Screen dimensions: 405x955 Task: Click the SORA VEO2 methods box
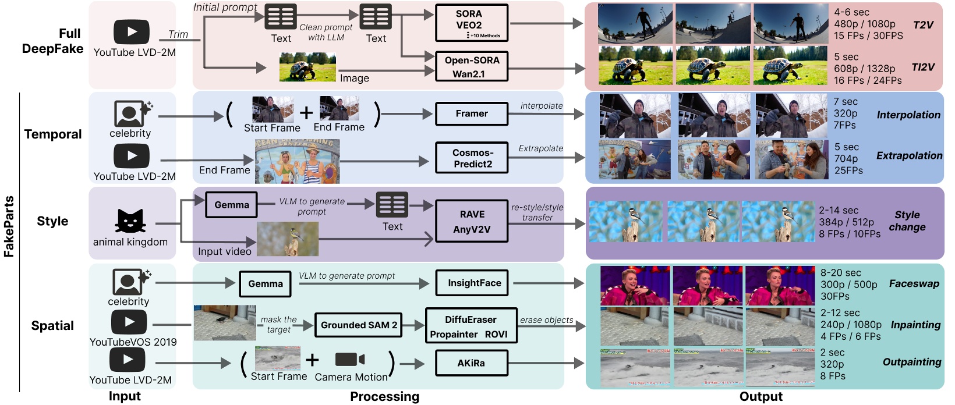click(472, 23)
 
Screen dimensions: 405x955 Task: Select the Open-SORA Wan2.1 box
click(472, 67)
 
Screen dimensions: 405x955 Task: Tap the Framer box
click(472, 113)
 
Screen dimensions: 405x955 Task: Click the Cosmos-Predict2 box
click(472, 158)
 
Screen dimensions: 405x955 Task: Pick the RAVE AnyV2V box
click(472, 221)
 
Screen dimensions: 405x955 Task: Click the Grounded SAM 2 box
click(359, 325)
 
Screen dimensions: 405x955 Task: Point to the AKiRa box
click(472, 363)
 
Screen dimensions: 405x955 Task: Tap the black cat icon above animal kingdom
click(130, 221)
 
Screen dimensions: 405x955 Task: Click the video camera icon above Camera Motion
click(350, 360)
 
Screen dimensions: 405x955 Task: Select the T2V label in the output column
click(923, 25)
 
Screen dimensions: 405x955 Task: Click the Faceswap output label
click(914, 284)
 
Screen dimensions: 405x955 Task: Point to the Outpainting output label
click(911, 362)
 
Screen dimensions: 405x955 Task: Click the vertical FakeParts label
click(9, 227)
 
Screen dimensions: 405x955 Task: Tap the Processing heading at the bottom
click(384, 397)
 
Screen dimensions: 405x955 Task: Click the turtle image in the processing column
click(307, 67)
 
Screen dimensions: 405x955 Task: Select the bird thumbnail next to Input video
click(288, 239)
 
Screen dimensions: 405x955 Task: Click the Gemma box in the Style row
click(232, 205)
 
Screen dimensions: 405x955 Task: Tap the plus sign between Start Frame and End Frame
click(306, 112)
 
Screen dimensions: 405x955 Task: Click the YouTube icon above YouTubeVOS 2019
click(129, 322)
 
